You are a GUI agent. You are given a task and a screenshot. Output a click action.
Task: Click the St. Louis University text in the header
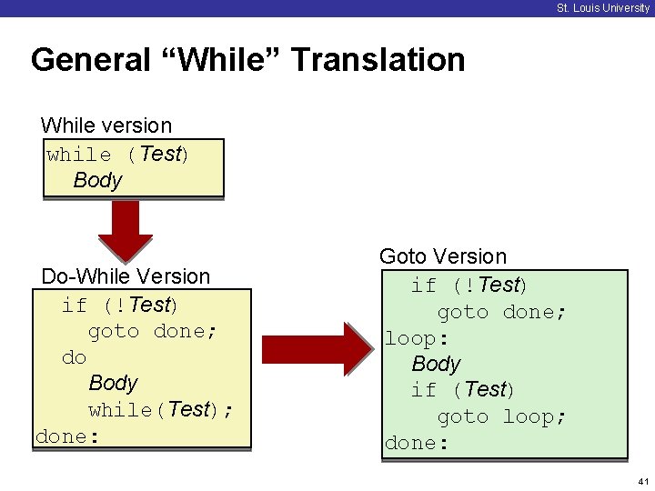point(603,8)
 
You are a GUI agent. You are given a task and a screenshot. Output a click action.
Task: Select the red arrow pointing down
point(126,231)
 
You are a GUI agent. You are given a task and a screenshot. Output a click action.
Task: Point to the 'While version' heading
point(106,125)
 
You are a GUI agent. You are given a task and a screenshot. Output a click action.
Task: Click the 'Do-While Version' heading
point(126,276)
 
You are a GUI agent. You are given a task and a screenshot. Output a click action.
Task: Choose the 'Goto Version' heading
point(443,256)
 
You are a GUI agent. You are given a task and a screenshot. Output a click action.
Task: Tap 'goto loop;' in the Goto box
point(501,416)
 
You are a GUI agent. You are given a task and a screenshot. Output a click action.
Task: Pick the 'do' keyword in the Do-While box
point(74,357)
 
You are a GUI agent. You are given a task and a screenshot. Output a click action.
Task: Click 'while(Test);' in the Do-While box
point(161,409)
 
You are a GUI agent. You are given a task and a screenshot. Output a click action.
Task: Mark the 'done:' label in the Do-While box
point(67,436)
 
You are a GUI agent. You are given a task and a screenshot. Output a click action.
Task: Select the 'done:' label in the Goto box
point(417,443)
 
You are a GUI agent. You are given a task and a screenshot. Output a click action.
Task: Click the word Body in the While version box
point(97,180)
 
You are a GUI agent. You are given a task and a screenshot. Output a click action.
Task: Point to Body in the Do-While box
point(113,383)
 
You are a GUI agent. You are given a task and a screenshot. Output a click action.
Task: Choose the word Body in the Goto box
point(436,364)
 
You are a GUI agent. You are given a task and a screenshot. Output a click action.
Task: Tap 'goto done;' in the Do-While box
point(153,331)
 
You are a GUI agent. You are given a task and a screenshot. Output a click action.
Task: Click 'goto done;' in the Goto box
point(501,312)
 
